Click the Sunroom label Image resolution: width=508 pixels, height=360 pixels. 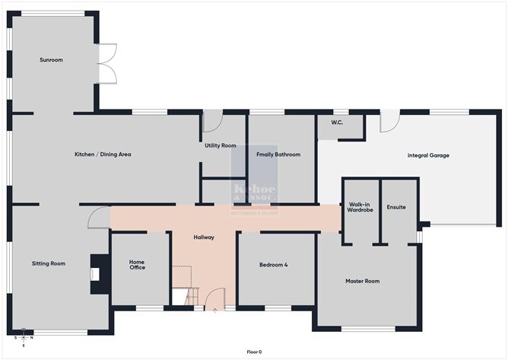(52, 59)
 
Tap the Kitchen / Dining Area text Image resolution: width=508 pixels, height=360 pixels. (103, 155)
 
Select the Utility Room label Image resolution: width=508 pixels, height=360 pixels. (220, 145)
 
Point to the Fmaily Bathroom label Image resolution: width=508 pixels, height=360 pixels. (278, 155)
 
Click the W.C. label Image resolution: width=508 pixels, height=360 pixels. (338, 123)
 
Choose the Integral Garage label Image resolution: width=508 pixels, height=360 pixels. (428, 155)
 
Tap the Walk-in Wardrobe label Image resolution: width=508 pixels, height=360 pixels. (360, 208)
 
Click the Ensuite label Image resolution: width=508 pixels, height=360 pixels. (396, 206)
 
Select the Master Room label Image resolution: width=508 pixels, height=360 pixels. (362, 281)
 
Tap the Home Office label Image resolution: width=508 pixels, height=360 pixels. (137, 264)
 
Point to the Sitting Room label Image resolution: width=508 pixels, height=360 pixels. (49, 263)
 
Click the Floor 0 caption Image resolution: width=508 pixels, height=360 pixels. (254, 352)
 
